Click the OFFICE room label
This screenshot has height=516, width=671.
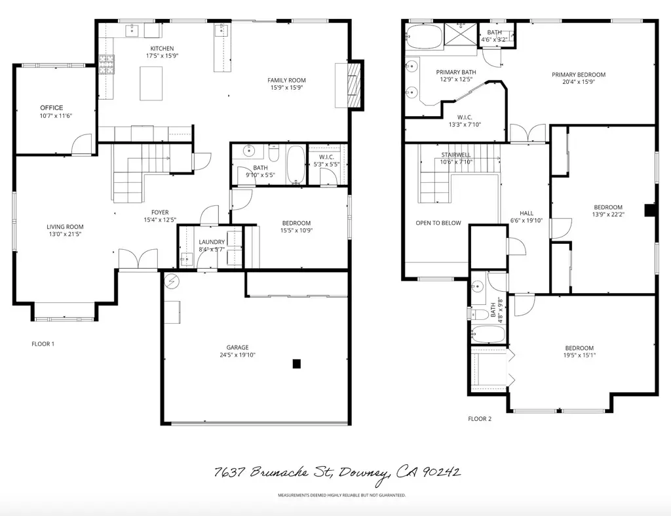point(51,108)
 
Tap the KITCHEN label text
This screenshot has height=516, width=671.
point(162,49)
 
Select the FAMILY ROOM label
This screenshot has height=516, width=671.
point(286,80)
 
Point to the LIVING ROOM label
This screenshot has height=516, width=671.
point(65,227)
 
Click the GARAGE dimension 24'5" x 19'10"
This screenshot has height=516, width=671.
point(237,355)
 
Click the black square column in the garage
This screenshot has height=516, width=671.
point(296,363)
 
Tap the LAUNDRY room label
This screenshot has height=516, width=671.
point(212,242)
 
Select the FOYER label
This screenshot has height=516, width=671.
point(160,212)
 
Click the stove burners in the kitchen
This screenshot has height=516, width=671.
point(107,64)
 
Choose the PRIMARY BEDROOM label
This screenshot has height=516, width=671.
point(578,75)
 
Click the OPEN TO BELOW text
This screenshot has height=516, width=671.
point(438,223)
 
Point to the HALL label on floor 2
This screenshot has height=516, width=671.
point(526,213)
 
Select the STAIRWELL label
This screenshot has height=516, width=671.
point(457,155)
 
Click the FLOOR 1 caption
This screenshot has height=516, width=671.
point(43,344)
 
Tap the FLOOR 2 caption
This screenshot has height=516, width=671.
point(479,418)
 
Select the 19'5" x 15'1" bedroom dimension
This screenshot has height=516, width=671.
point(579,355)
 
